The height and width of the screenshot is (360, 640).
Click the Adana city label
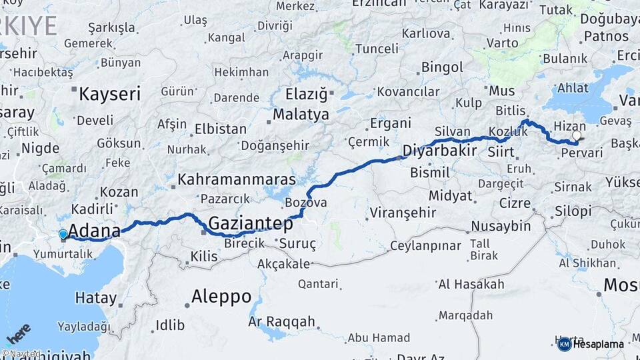94,231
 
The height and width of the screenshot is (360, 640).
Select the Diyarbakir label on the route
439,150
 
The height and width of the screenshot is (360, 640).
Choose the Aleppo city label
221,296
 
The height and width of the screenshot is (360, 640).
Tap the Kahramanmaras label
237,180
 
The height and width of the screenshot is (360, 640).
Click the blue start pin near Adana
63,234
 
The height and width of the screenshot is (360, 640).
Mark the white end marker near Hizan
577,135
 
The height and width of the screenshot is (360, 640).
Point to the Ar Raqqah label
281,322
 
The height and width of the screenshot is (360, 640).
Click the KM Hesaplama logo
591,344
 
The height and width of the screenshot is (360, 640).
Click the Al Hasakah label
471,285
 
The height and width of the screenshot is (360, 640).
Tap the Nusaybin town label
501,226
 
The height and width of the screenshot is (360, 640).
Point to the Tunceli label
376,49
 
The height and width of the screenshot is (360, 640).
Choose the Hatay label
96,297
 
